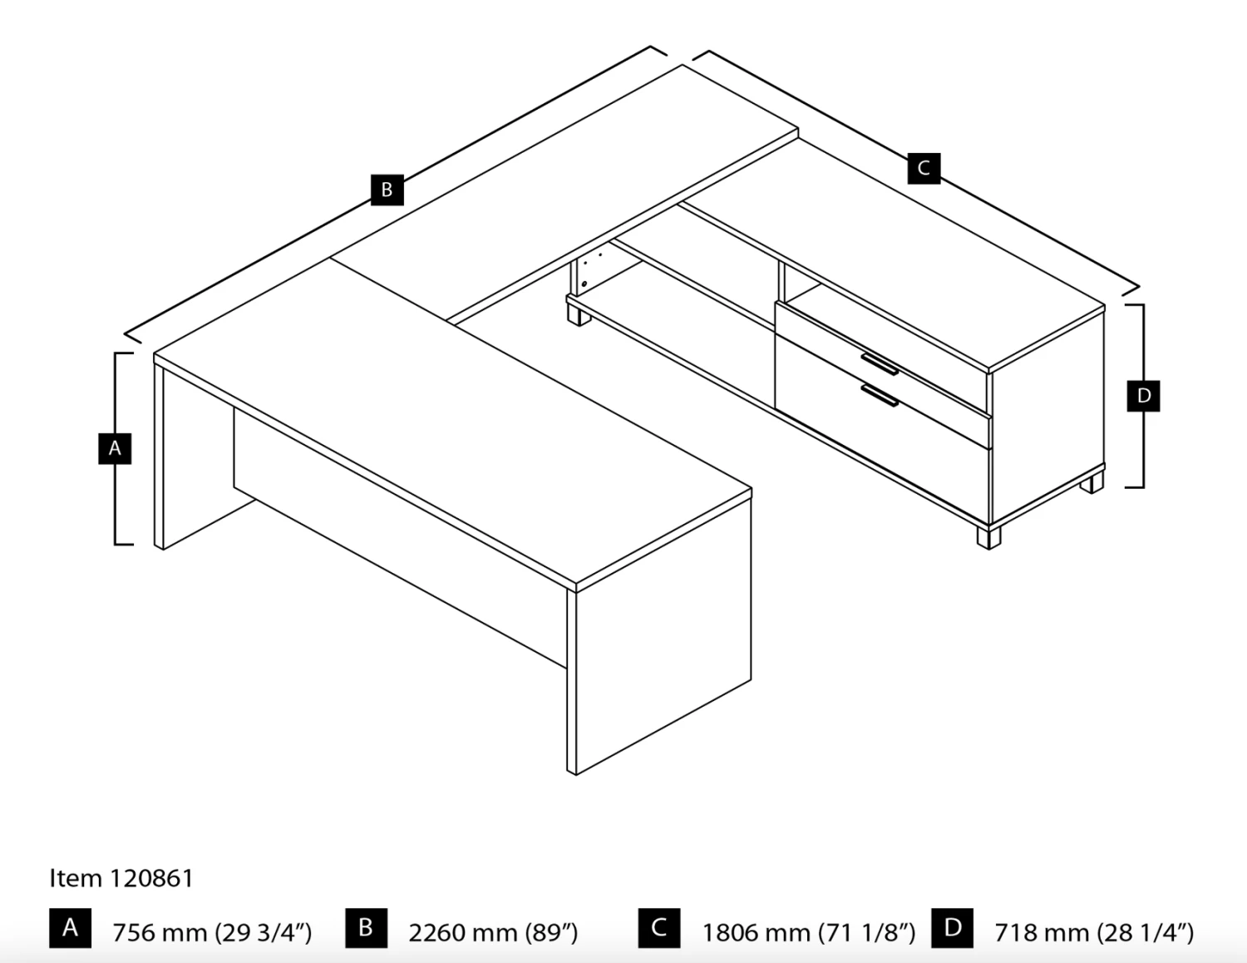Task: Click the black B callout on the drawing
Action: point(387,190)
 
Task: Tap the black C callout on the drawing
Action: point(924,168)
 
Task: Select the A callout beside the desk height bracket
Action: point(115,448)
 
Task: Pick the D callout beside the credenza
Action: point(1143,396)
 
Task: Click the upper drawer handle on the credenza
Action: point(879,364)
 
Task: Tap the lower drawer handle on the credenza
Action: point(879,395)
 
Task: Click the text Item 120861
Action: point(121,878)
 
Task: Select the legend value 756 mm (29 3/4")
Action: point(212,932)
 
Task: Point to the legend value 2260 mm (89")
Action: point(493,932)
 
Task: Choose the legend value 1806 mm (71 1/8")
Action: point(808,932)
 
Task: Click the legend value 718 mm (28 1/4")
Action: point(1094,932)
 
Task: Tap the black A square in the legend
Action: point(70,928)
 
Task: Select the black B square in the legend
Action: point(366,928)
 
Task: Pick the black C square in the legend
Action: point(659,928)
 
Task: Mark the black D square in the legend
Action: point(953,928)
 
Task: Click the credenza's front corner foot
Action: point(988,537)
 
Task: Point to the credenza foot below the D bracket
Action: point(1092,483)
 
